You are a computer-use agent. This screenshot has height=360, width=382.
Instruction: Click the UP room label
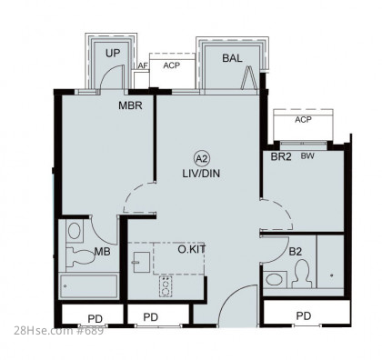[x=113, y=54]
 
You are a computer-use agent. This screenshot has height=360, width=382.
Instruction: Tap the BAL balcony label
[x=232, y=58]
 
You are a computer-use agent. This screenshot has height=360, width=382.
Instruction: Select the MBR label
[x=130, y=105]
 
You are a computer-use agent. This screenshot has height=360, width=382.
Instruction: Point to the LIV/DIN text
[x=201, y=174]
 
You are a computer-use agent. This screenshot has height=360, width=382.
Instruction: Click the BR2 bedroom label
[x=281, y=156]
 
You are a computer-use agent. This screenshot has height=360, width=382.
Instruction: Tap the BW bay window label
[x=307, y=156]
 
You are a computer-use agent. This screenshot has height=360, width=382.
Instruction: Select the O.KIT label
[x=192, y=249]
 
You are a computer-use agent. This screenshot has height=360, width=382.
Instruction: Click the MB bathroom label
[x=102, y=251]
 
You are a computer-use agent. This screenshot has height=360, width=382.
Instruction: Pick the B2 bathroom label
[x=295, y=252]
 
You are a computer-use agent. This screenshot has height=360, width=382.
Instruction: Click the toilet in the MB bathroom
[x=80, y=257]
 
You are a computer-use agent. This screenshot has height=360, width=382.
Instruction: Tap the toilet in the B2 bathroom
[x=302, y=274]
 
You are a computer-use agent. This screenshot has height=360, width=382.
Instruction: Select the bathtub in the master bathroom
[x=89, y=286]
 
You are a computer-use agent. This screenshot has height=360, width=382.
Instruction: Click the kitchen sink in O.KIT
[x=141, y=262]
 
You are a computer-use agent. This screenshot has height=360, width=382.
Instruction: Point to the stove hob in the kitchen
[x=166, y=286]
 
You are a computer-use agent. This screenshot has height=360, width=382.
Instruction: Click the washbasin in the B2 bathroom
[x=275, y=279]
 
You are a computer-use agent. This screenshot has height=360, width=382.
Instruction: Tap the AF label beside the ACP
[x=143, y=65]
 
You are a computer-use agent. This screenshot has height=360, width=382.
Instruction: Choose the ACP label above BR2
[x=303, y=120]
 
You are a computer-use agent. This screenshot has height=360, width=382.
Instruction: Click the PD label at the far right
[x=304, y=316]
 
